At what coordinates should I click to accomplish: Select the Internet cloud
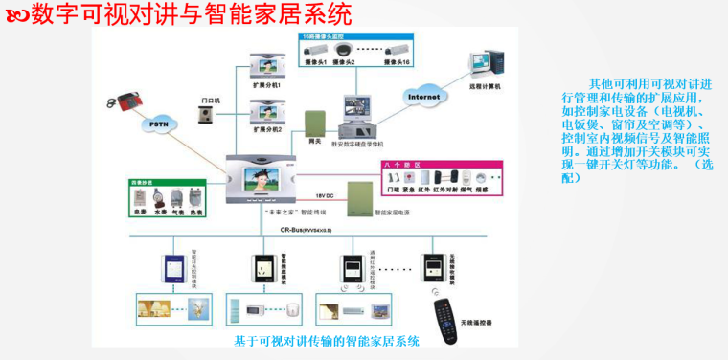coord(423,97)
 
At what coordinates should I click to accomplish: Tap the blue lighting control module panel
coord(174,269)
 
